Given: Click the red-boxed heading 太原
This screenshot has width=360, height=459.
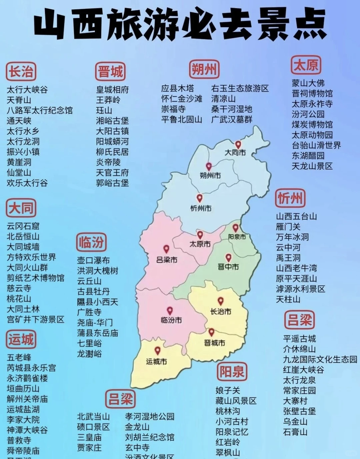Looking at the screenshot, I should [x=306, y=65].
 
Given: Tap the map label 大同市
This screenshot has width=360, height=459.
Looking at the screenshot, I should [x=235, y=153].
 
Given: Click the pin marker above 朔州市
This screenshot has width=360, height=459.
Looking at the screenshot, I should [x=209, y=166].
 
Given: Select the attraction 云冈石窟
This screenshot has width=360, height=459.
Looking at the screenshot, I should [x=23, y=226].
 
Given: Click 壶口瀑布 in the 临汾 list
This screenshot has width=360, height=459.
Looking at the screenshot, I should [x=93, y=260].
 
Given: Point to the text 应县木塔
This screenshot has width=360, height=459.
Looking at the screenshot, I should [x=177, y=88].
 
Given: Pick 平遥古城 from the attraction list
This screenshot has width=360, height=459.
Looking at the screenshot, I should [x=299, y=339].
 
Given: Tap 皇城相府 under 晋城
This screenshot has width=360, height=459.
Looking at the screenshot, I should [x=112, y=90].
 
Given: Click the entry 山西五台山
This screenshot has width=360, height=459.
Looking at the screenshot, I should [x=296, y=217].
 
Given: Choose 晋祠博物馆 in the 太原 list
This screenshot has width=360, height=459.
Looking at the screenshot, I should [x=312, y=93].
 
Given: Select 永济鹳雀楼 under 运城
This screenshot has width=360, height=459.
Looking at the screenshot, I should [x=27, y=378].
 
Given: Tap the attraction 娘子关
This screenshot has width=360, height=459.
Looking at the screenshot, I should [x=228, y=390].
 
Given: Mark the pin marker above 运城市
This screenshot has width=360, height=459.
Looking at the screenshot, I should [x=157, y=350].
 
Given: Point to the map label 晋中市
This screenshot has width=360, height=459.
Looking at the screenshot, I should [x=228, y=267].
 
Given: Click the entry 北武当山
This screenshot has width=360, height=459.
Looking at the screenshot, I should [x=93, y=417].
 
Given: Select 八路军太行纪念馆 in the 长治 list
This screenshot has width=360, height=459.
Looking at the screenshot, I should [x=40, y=110].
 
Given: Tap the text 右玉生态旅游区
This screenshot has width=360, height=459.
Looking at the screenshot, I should [x=240, y=88].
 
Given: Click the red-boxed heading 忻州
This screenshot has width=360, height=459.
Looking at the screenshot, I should [x=290, y=198].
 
